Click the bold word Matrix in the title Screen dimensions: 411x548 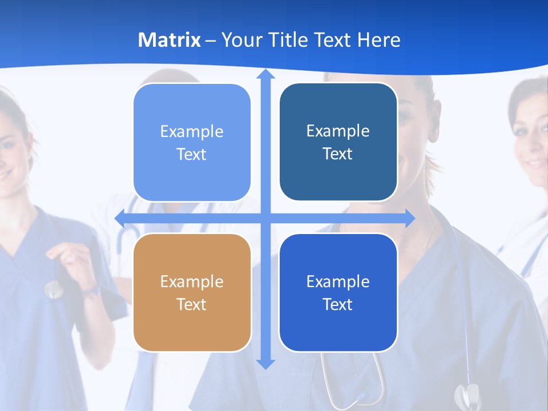coord(169,40)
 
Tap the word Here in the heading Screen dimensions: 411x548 coord(378,40)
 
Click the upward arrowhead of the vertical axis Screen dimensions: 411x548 coord(265,74)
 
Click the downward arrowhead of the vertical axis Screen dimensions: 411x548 coord(265,364)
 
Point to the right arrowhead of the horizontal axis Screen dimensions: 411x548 coord(410,218)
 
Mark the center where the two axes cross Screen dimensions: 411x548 coord(265,218)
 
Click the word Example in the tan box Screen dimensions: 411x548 coord(192,281)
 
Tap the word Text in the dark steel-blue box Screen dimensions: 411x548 coord(338,154)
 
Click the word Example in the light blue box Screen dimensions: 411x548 coord(192,131)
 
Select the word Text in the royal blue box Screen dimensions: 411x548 coord(338,304)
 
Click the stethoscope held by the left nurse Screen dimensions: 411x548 coord(53,289)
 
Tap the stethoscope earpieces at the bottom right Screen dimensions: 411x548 coord(467,396)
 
